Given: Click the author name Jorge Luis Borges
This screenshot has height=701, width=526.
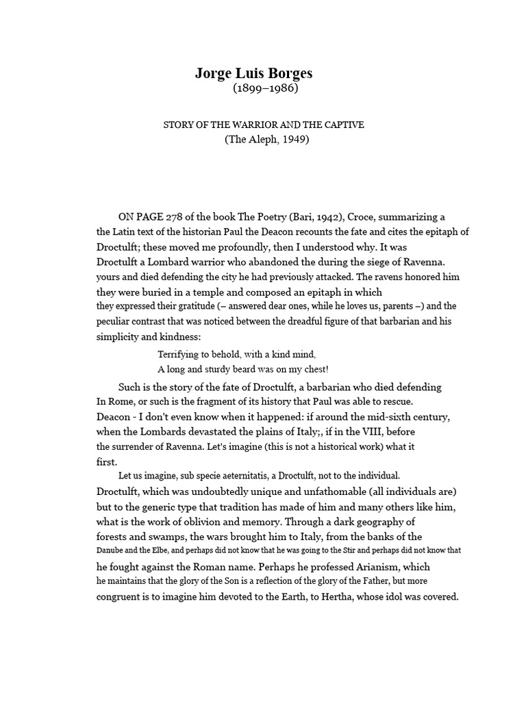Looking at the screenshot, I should tap(253, 74).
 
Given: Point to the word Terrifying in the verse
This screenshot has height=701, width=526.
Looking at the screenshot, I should tap(181, 355).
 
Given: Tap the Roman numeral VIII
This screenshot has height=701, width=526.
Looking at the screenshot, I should tap(372, 431).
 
